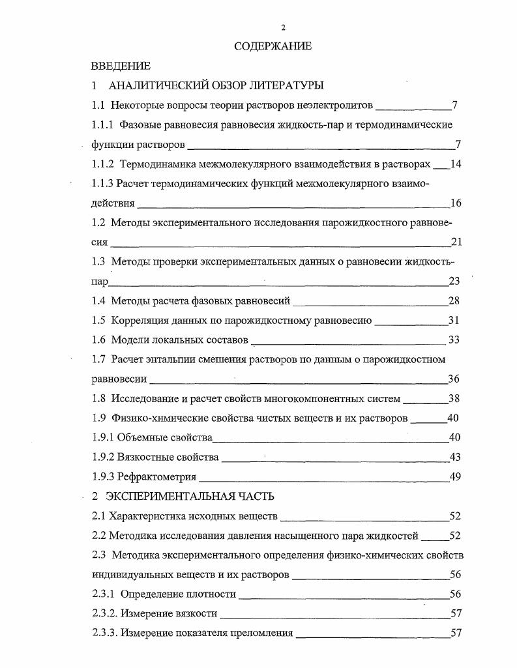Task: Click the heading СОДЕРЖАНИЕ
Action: click(x=273, y=46)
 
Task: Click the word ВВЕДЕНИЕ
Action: click(x=121, y=66)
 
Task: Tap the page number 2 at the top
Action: click(x=283, y=27)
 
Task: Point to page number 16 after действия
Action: click(x=456, y=203)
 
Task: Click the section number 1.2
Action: click(x=99, y=223)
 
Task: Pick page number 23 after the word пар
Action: click(x=455, y=282)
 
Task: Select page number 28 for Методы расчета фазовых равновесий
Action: click(x=455, y=301)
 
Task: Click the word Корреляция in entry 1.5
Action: click(x=139, y=321)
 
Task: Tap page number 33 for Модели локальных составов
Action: click(x=455, y=340)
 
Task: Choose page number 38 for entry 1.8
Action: click(x=455, y=399)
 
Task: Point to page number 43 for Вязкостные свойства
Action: click(x=455, y=457)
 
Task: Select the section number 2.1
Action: click(x=99, y=517)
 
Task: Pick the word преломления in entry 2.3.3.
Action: click(x=259, y=633)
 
